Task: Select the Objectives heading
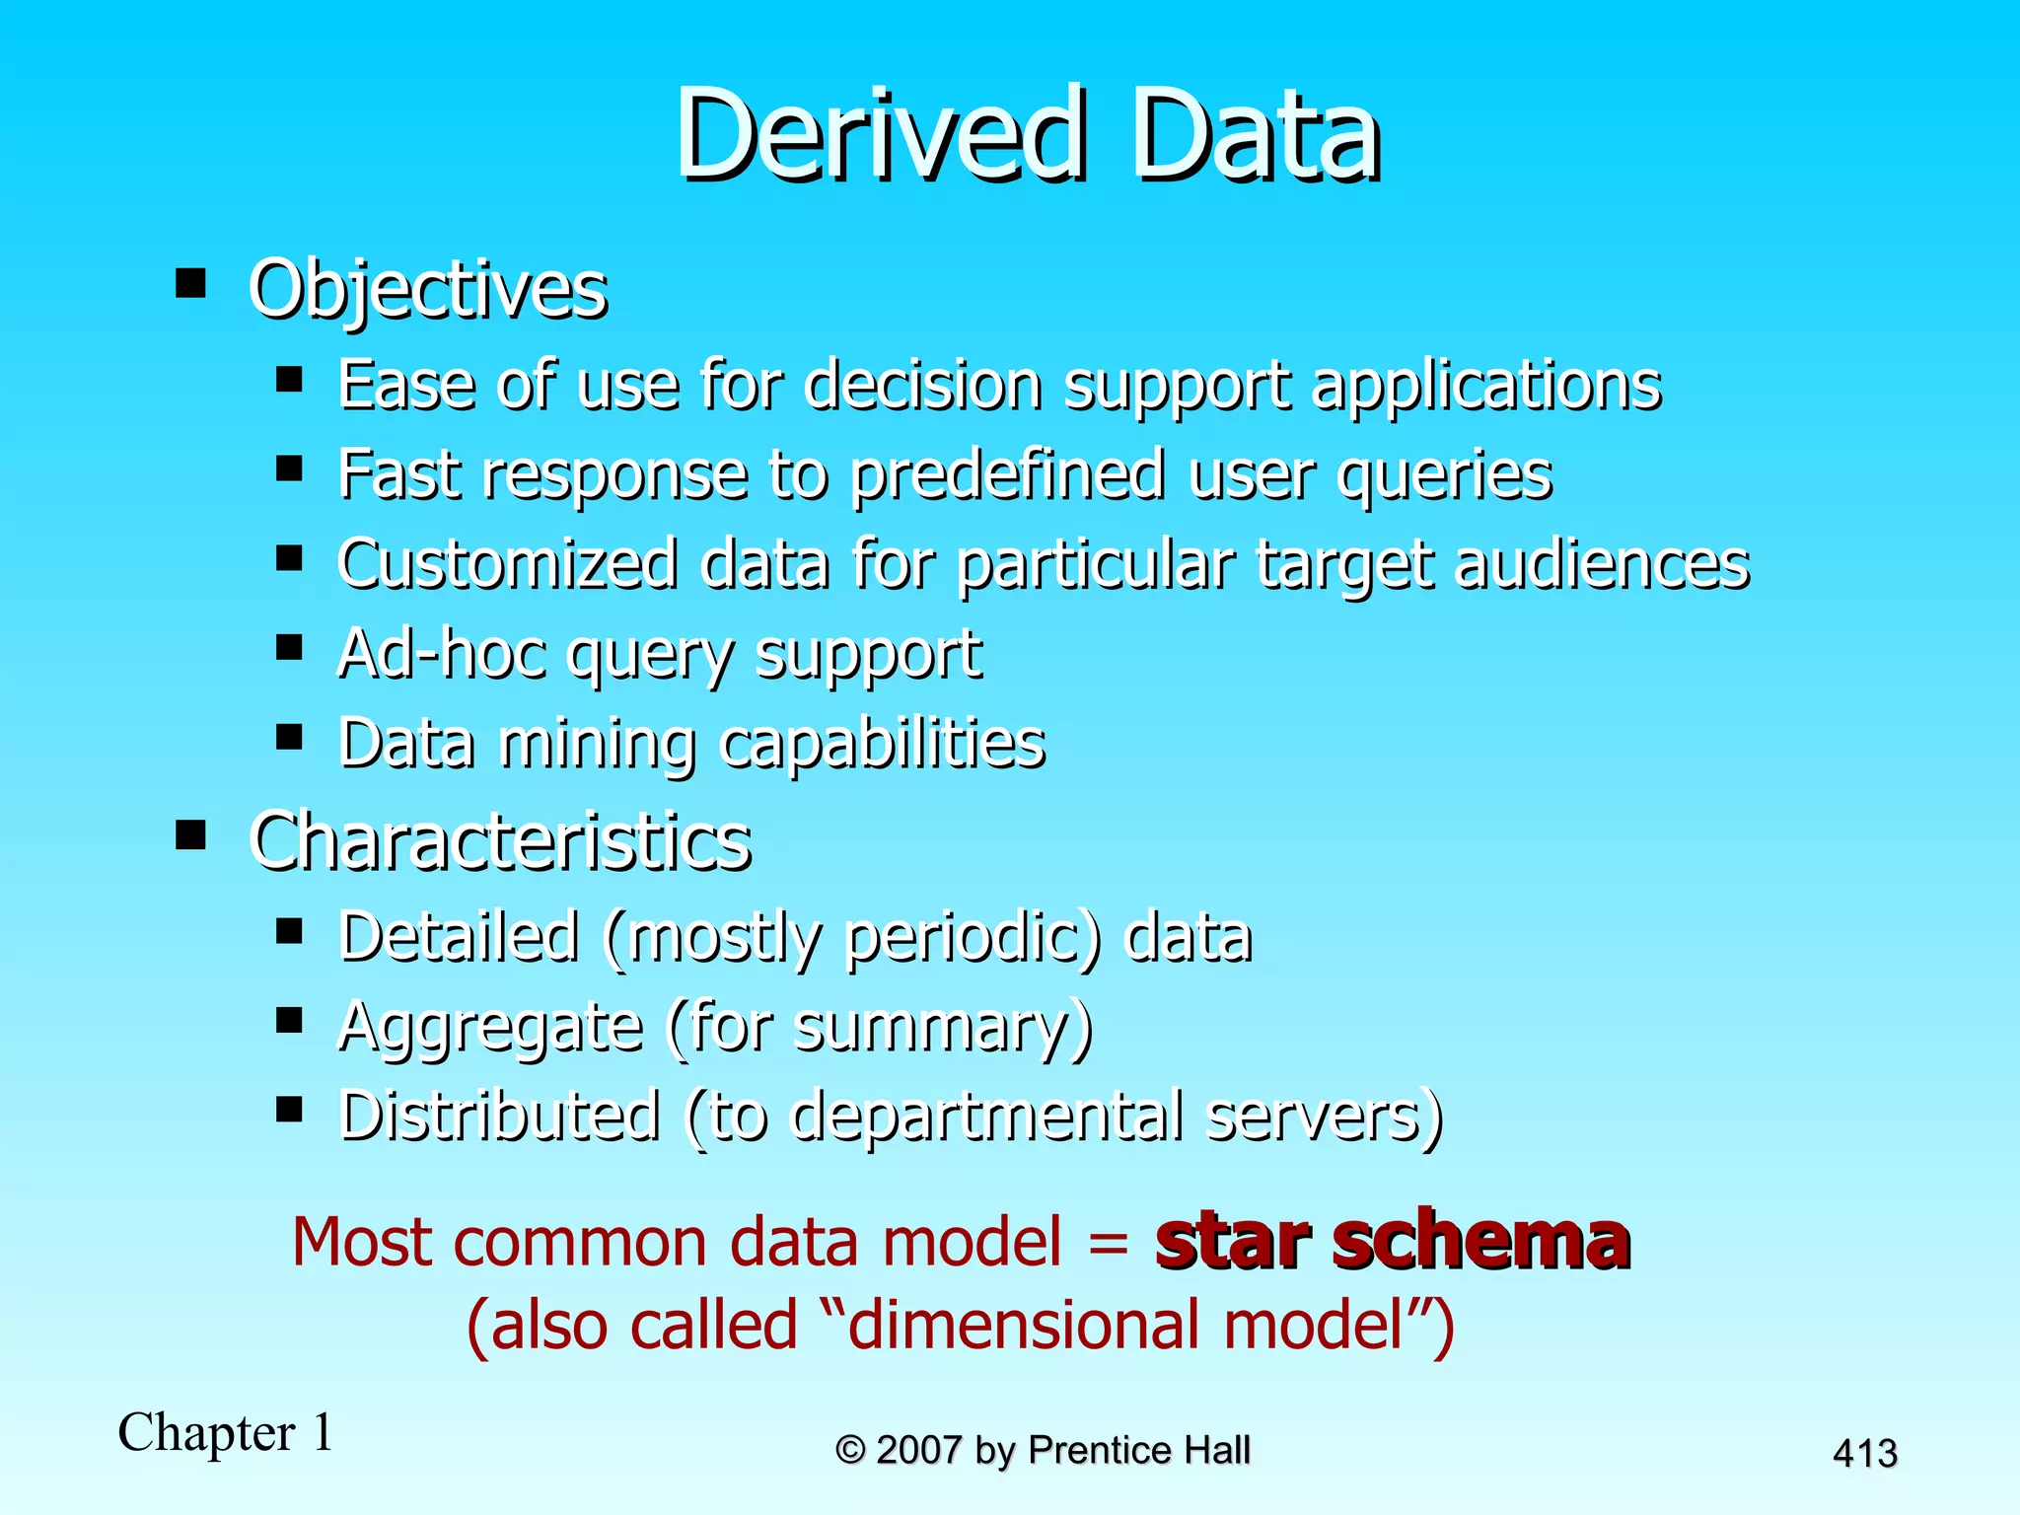(427, 290)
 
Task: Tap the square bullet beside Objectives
(190, 284)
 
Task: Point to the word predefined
(1008, 475)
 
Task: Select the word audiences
(1602, 564)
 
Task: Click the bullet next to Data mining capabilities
(289, 737)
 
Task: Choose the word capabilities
(882, 744)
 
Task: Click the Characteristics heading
(500, 841)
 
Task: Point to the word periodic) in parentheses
(973, 936)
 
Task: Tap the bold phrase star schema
(1392, 1240)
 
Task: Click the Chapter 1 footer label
(225, 1432)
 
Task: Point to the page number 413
(1864, 1453)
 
